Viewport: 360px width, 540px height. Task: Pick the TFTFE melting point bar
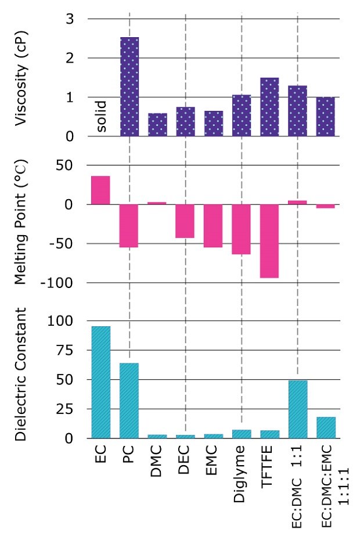269,241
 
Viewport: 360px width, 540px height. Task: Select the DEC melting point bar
185,221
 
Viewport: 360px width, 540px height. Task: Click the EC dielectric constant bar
100,382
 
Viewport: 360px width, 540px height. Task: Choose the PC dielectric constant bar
129,401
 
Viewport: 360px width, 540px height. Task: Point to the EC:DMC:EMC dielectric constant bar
326,427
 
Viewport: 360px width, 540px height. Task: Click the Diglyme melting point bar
242,229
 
